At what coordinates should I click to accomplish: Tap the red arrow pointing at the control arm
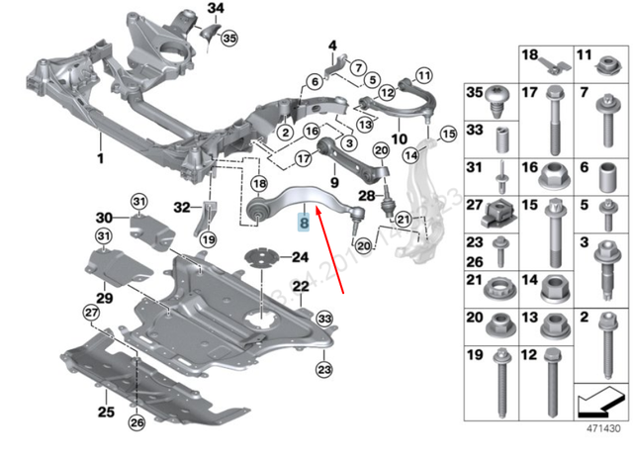point(329,251)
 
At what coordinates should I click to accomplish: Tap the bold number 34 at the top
point(216,10)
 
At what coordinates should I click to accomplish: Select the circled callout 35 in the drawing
point(229,39)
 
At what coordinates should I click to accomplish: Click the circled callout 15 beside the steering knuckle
point(446,133)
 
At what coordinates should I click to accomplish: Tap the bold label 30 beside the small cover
point(104,218)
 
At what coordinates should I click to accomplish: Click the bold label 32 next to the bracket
point(180,207)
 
